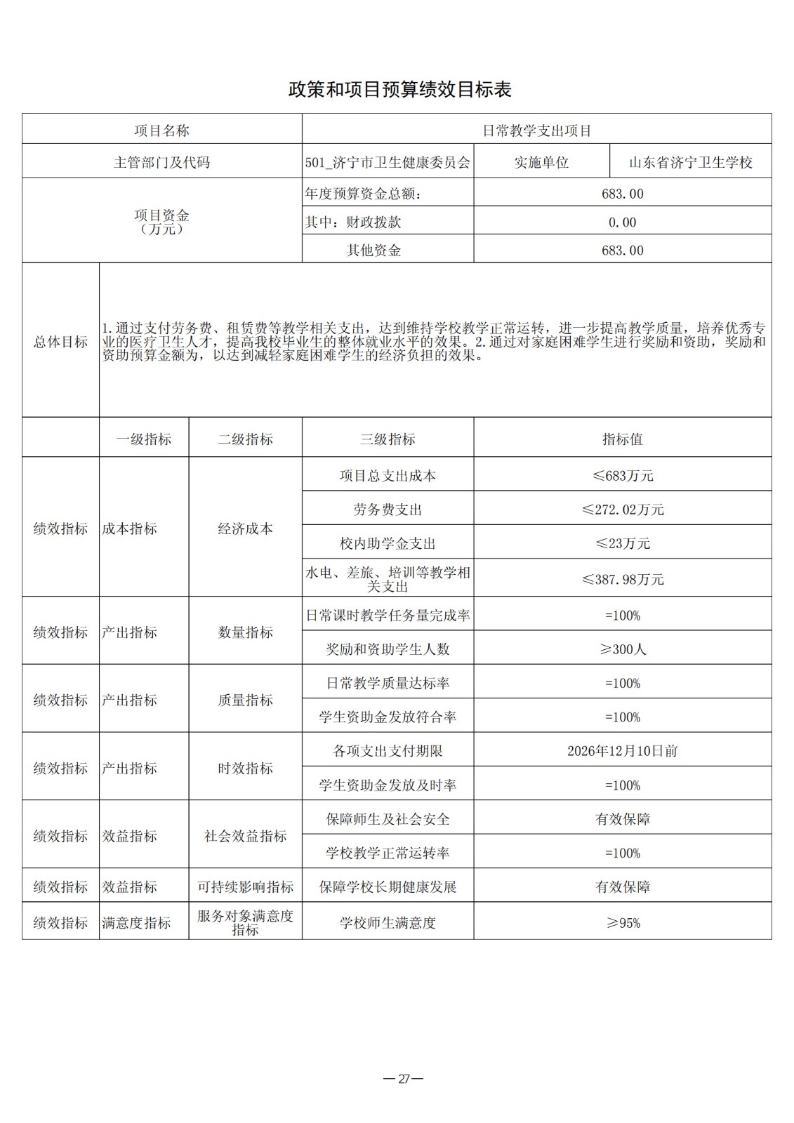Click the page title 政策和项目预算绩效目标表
point(399,90)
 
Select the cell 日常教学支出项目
point(536,131)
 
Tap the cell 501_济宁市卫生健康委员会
point(388,163)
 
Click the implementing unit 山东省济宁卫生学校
point(690,163)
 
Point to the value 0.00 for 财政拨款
point(622,222)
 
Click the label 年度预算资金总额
point(365,194)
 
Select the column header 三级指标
point(388,439)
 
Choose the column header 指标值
point(622,439)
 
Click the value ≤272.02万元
point(622,510)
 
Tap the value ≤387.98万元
point(622,579)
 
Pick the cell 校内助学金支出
point(388,543)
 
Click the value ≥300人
point(622,649)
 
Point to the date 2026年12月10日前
point(622,751)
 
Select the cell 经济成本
point(245,529)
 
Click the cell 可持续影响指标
point(245,887)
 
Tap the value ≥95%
point(622,923)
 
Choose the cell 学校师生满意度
point(388,923)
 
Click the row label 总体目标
point(60,342)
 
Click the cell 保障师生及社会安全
point(388,819)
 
